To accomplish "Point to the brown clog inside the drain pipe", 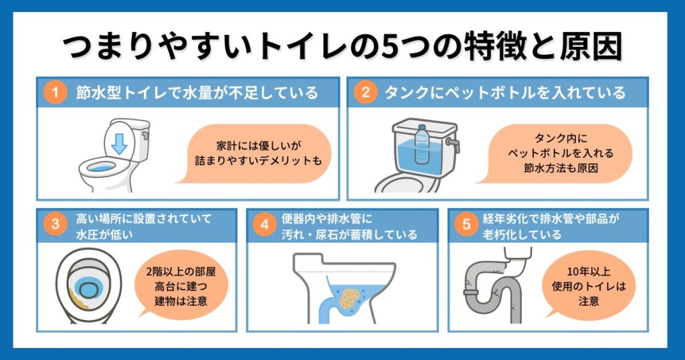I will [x=349, y=300].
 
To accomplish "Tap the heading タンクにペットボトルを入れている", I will [x=505, y=93].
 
